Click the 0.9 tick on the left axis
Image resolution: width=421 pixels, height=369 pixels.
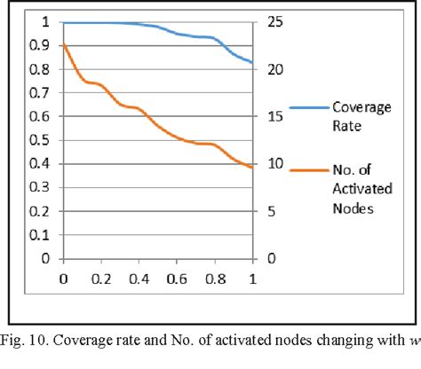35,45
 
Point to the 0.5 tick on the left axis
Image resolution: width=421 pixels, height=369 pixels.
35,140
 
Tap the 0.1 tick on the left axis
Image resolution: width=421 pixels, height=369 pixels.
35,235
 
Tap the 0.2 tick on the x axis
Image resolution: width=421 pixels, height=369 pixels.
100,279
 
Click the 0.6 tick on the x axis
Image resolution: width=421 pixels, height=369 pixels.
176,279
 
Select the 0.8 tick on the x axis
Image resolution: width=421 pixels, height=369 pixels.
214,279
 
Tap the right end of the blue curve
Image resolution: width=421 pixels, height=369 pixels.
252,62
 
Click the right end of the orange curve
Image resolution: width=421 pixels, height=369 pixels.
252,167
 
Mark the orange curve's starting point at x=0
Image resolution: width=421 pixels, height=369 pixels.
63,44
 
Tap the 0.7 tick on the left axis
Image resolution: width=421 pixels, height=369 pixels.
35,92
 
